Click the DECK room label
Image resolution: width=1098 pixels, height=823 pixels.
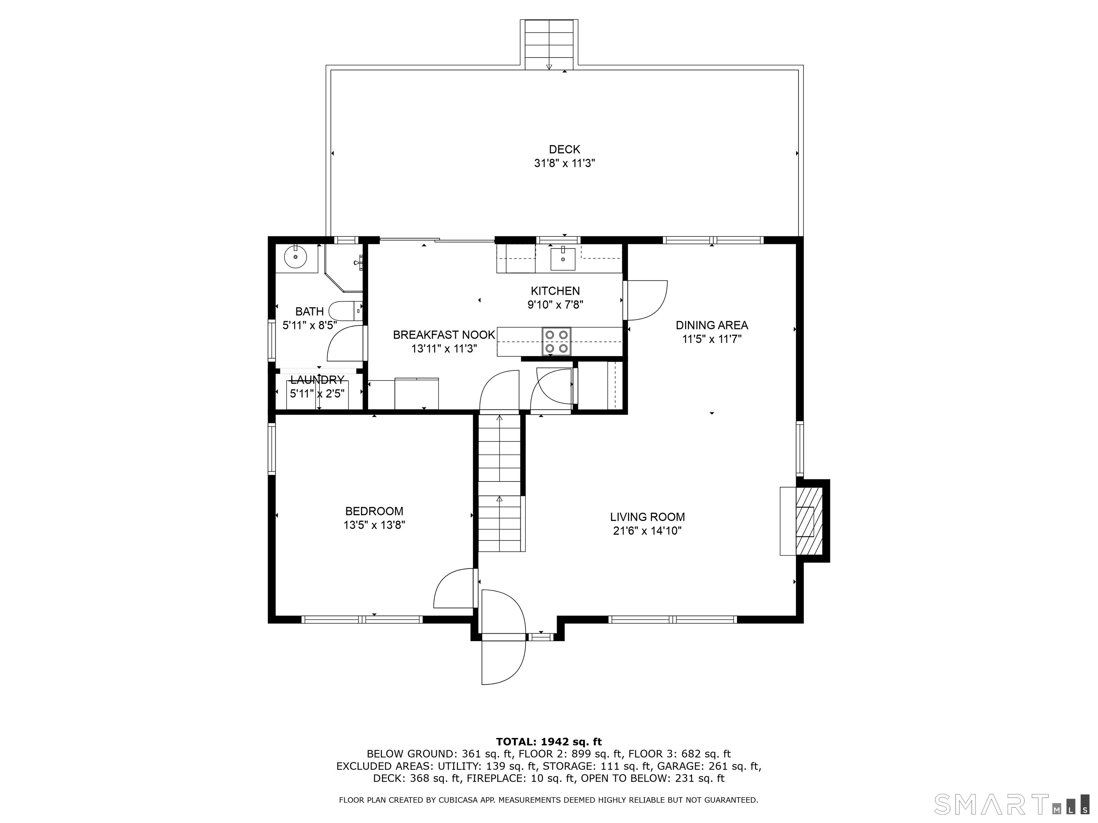click(x=564, y=149)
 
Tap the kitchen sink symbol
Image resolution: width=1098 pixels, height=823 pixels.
click(x=563, y=259)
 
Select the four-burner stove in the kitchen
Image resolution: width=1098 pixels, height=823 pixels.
click(x=557, y=341)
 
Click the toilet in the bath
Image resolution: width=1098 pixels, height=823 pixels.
click(x=346, y=310)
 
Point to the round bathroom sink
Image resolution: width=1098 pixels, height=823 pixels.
click(x=295, y=257)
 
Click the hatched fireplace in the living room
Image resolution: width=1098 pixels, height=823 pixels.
click(x=809, y=521)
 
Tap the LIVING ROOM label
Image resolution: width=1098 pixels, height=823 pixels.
click(x=647, y=517)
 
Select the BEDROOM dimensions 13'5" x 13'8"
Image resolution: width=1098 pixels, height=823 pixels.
click(x=374, y=525)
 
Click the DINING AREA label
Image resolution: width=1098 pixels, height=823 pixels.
click(x=712, y=325)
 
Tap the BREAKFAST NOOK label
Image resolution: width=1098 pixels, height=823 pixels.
click(x=444, y=335)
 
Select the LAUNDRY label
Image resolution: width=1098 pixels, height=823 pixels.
click(x=317, y=380)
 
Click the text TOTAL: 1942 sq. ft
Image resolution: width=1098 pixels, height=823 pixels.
click(x=549, y=742)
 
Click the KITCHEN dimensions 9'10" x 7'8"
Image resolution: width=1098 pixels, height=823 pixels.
click(x=555, y=305)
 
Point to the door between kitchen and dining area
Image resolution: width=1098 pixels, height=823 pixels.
click(x=645, y=300)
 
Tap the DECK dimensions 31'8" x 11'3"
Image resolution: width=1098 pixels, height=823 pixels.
click(x=564, y=163)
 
